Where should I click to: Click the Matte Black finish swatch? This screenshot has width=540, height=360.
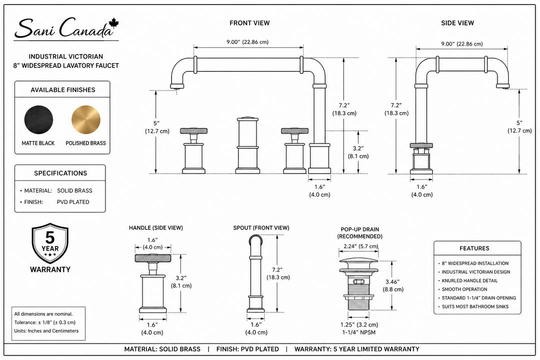coord(38,120)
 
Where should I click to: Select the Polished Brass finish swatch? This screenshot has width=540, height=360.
coord(86,120)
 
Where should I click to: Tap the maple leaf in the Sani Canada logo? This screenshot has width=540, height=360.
coord(113,24)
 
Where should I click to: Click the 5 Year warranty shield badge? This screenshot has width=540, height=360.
coord(50,243)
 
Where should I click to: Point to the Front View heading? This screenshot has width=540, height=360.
coord(249,23)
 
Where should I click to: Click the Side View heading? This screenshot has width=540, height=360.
coord(457,23)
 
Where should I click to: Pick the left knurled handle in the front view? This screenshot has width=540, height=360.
coord(193,131)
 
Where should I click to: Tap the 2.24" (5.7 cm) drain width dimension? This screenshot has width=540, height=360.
coord(360,246)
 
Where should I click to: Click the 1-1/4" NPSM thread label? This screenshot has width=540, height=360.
coord(358,332)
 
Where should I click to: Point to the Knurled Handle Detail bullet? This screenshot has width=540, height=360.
coord(469,281)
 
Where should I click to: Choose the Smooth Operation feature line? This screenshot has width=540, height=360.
coord(464,289)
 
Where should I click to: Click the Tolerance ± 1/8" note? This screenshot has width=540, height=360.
coord(45,322)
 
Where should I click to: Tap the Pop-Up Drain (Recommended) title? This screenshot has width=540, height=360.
coord(360,233)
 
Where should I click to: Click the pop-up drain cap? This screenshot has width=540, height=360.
coord(358,261)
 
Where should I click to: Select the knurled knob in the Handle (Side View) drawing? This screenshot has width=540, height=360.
coord(152,258)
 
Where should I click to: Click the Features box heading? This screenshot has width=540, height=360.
coord(474,248)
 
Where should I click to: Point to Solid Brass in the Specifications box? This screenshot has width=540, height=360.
coord(74,190)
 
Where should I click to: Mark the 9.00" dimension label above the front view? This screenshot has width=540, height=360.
coord(247,42)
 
